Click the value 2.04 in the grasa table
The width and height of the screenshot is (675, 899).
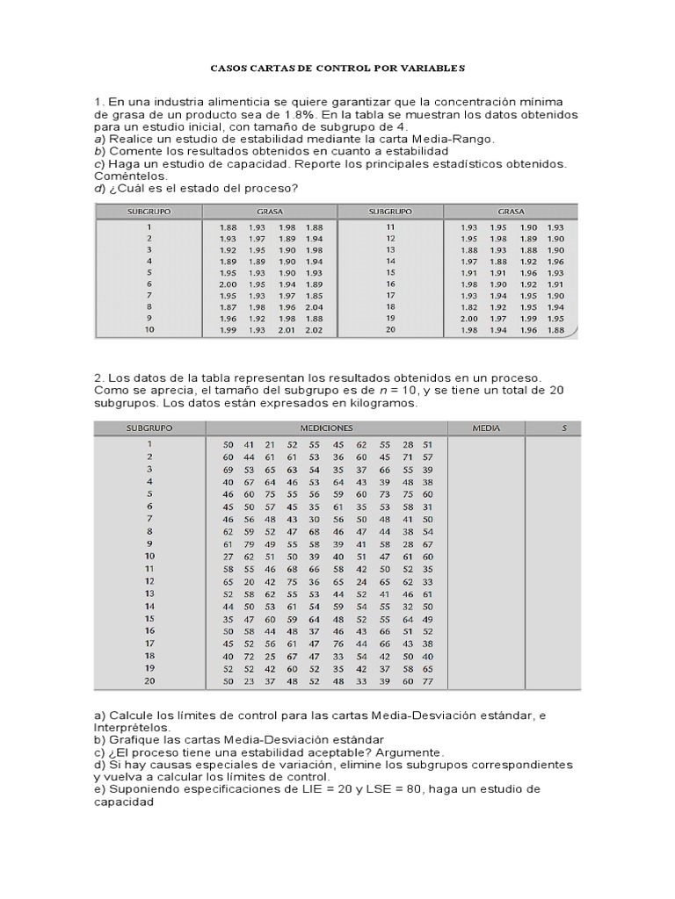coord(315,307)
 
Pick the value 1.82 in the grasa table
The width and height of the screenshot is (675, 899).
coord(468,307)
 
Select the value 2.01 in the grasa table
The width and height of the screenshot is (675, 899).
coord(287,330)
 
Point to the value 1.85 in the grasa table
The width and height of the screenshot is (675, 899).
coord(315,296)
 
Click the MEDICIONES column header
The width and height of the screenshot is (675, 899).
coord(326,428)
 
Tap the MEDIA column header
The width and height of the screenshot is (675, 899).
coord(485,428)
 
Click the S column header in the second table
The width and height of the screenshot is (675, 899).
coord(565,428)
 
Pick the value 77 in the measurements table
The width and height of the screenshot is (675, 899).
coord(427,680)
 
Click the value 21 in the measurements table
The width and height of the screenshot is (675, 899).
coord(270,445)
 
